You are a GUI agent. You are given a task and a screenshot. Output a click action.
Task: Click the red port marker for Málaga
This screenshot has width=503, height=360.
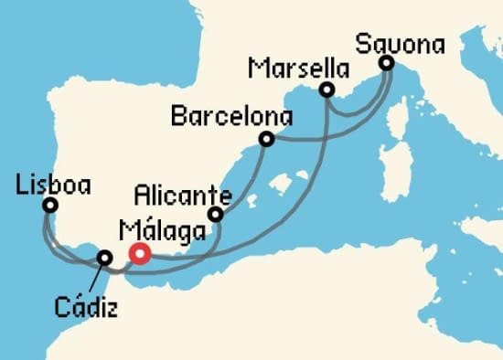(139, 254)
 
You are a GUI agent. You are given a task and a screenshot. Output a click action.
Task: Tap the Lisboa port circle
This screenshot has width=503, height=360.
(49, 206)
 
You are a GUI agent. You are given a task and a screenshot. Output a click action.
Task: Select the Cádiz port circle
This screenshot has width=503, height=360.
(105, 259)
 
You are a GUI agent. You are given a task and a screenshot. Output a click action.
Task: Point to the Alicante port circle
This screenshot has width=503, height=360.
(216, 215)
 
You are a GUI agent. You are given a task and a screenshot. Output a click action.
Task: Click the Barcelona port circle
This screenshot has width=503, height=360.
(266, 139)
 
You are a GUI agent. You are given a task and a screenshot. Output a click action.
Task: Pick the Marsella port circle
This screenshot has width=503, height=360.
(326, 90)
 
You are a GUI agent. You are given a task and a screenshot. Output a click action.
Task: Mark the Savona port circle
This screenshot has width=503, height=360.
(386, 63)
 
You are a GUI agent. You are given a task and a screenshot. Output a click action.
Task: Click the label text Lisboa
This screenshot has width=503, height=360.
(53, 185)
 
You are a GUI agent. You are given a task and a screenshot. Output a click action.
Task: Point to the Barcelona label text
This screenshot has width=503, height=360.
(231, 118)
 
